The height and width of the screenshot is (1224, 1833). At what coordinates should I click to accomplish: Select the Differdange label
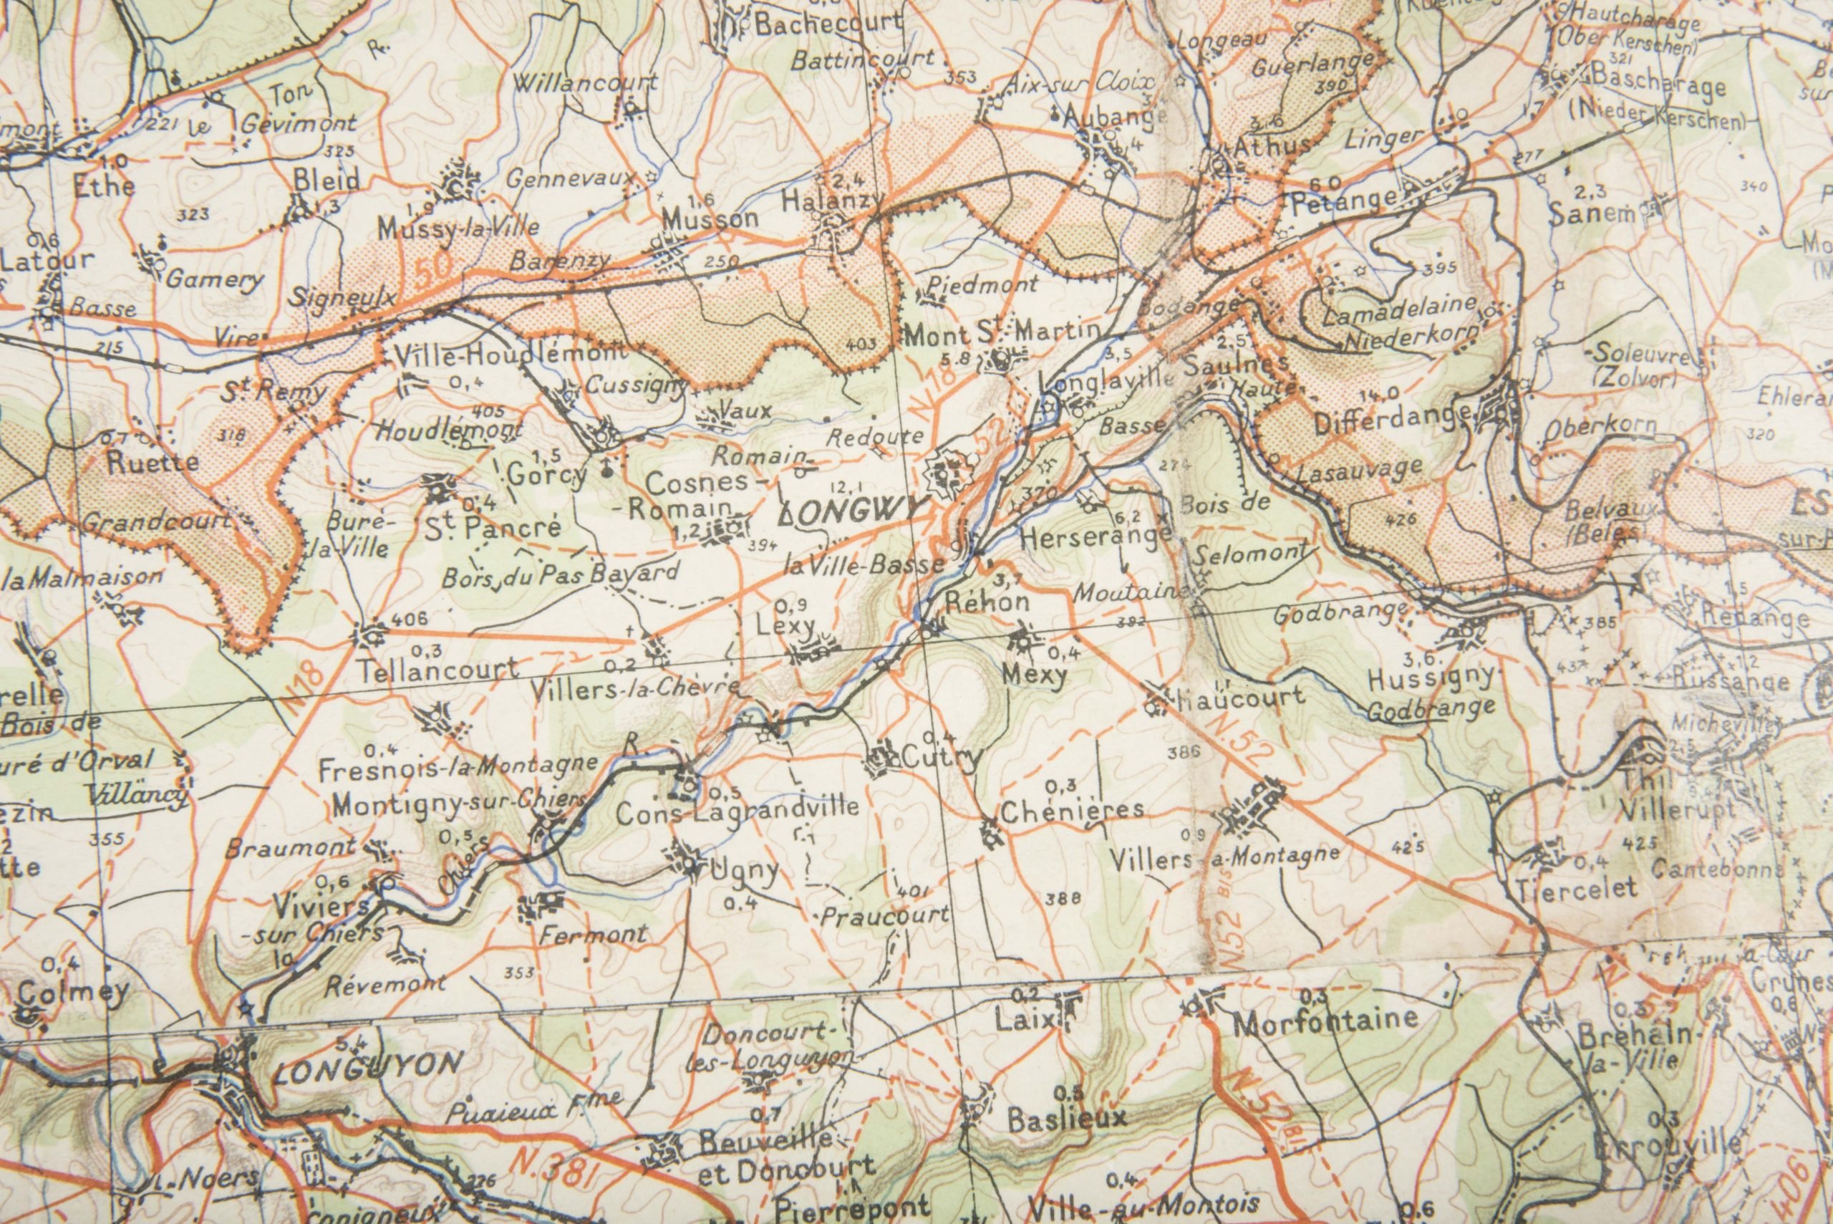[x=1393, y=423]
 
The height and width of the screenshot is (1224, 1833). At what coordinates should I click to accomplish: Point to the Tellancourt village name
[x=440, y=669]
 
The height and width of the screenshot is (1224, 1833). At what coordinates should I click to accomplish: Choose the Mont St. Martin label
[x=1002, y=334]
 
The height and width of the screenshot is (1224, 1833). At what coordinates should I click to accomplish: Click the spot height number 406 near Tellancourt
[x=410, y=619]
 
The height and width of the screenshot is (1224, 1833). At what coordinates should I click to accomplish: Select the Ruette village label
[x=153, y=462]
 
